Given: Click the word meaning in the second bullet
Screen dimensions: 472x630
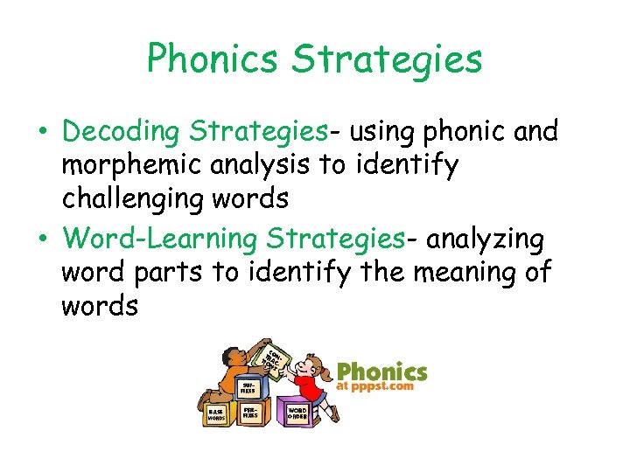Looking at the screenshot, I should pyautogui.click(x=465, y=272).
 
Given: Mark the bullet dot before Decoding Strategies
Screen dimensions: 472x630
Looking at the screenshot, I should pyautogui.click(x=45, y=133).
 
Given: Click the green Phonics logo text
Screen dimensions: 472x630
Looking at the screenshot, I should pyautogui.click(x=382, y=372).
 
